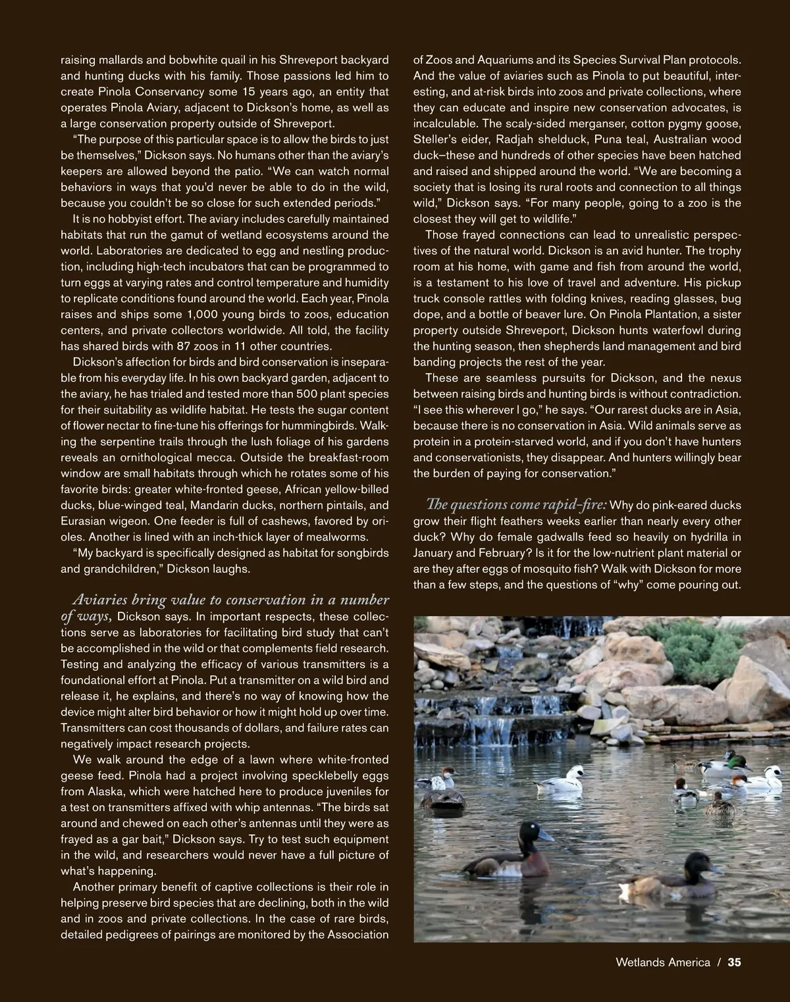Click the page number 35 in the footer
734,962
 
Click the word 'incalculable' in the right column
445,123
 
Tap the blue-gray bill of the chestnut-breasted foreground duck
546,835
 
